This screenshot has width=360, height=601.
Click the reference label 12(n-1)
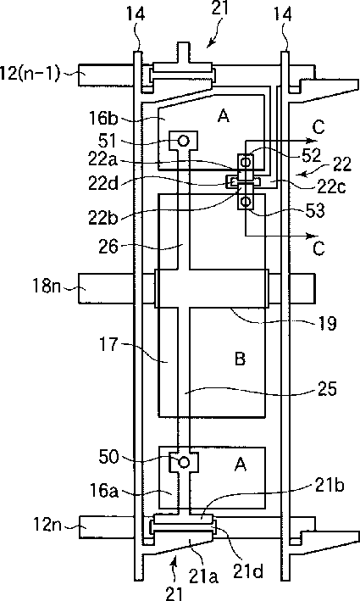tap(30, 73)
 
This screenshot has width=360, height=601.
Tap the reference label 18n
tap(47, 286)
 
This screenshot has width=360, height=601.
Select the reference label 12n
tap(47, 525)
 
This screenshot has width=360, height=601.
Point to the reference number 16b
tap(104, 118)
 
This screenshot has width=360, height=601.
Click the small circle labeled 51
tap(184, 141)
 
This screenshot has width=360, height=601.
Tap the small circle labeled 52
tap(246, 161)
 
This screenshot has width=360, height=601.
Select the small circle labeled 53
tap(246, 201)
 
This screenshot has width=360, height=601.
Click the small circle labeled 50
tap(184, 463)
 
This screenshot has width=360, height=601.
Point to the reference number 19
tap(327, 323)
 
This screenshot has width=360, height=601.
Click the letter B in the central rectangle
tap(240, 359)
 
